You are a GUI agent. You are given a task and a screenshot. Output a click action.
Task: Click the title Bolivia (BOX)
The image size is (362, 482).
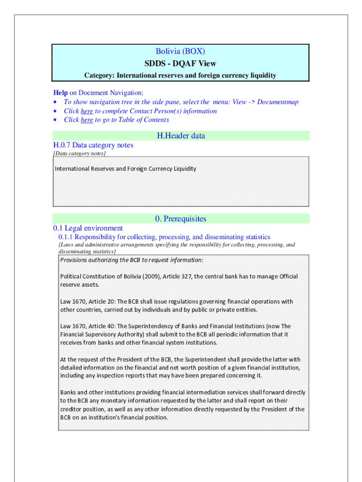181,51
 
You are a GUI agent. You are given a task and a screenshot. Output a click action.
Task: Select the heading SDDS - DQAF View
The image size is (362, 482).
181,64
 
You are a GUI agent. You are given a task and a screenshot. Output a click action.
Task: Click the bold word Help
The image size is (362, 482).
60,93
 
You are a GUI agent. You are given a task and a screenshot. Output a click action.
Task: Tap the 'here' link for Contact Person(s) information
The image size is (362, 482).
87,111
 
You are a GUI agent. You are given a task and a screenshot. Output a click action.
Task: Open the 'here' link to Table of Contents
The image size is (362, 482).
87,120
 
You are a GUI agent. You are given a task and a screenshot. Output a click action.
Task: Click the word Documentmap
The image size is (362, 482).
277,102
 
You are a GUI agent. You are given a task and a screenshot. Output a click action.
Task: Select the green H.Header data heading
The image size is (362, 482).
181,136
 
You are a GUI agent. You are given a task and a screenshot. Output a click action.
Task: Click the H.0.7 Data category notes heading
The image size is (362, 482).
93,145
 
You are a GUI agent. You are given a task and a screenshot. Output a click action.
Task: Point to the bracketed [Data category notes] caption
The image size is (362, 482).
79,153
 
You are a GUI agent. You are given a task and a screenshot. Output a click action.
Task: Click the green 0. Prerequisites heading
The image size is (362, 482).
181,219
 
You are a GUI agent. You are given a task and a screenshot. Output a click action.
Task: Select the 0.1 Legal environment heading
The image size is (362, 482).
88,228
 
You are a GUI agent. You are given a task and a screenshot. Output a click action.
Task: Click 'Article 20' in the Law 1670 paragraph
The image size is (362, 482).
100,302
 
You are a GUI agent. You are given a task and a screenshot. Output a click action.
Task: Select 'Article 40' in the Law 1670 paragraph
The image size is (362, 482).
100,326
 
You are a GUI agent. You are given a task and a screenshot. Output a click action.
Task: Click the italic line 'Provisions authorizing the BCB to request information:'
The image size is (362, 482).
132,260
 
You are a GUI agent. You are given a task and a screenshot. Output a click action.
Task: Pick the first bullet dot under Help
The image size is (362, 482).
56,102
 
